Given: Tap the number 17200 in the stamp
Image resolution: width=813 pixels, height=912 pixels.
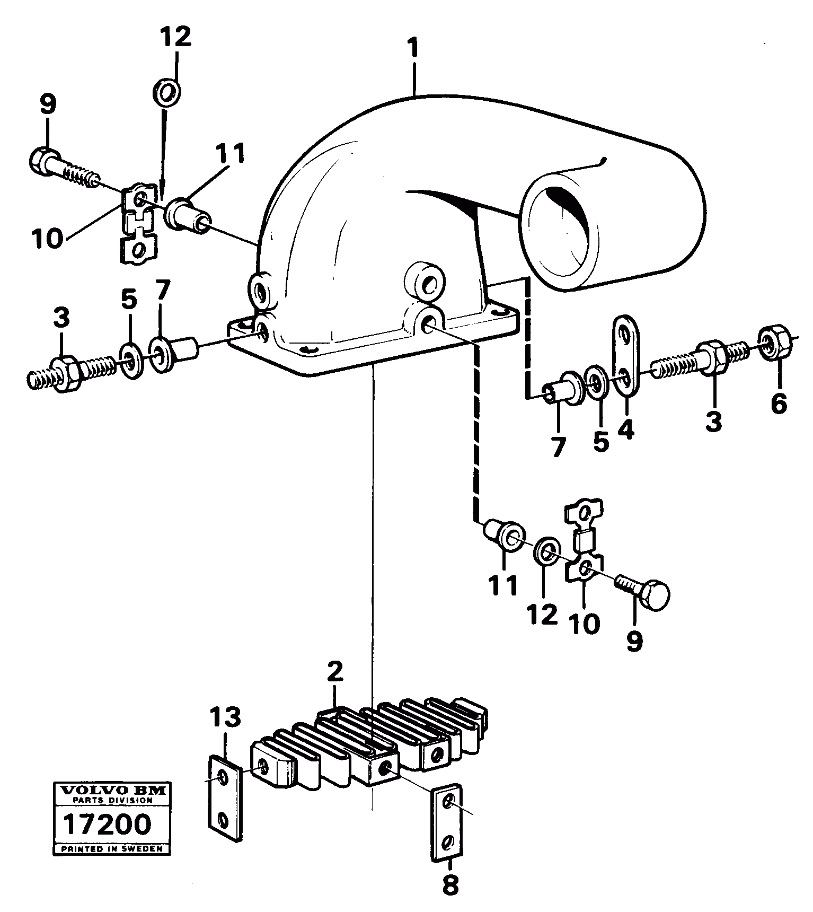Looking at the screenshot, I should [x=107, y=825].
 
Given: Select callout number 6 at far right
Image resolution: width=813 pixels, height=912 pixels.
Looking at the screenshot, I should [x=779, y=404].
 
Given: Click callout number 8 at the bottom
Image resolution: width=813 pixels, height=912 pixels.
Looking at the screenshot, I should [x=450, y=884].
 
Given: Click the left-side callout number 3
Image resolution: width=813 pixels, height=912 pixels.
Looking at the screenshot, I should [x=61, y=319].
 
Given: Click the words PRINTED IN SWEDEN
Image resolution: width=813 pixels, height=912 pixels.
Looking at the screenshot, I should [x=112, y=849].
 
